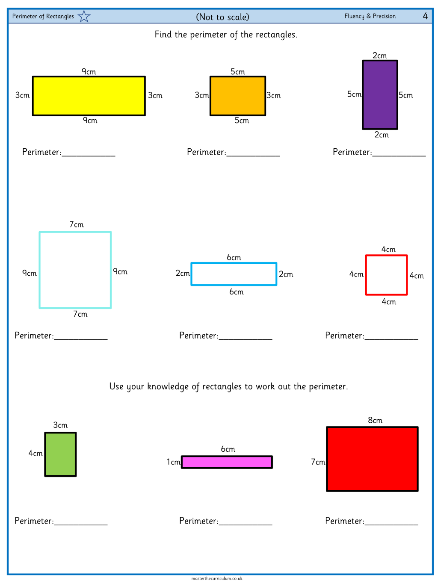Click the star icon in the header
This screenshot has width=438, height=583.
click(84, 17)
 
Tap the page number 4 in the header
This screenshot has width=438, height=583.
click(425, 16)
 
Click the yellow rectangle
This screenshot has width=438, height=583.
click(89, 96)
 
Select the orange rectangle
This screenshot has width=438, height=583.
click(237, 96)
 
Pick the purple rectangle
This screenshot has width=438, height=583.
click(380, 95)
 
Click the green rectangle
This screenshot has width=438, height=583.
click(60, 454)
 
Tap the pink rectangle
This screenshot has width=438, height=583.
click(227, 462)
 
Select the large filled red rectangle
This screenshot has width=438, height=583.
click(372, 459)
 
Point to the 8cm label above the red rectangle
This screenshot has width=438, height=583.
click(375, 420)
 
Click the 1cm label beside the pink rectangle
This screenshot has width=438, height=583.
click(173, 462)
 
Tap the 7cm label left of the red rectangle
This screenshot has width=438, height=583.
click(318, 462)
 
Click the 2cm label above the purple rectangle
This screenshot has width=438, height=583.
click(379, 56)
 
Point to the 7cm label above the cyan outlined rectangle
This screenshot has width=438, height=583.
click(77, 224)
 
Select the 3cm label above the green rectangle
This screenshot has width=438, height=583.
click(60, 425)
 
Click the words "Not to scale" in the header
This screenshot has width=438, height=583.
click(223, 17)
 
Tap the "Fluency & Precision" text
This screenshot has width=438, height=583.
click(370, 16)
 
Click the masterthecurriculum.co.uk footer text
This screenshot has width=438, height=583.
click(217, 578)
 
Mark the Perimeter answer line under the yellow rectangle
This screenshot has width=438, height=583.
click(89, 156)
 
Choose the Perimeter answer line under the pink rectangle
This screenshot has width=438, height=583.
click(246, 525)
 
